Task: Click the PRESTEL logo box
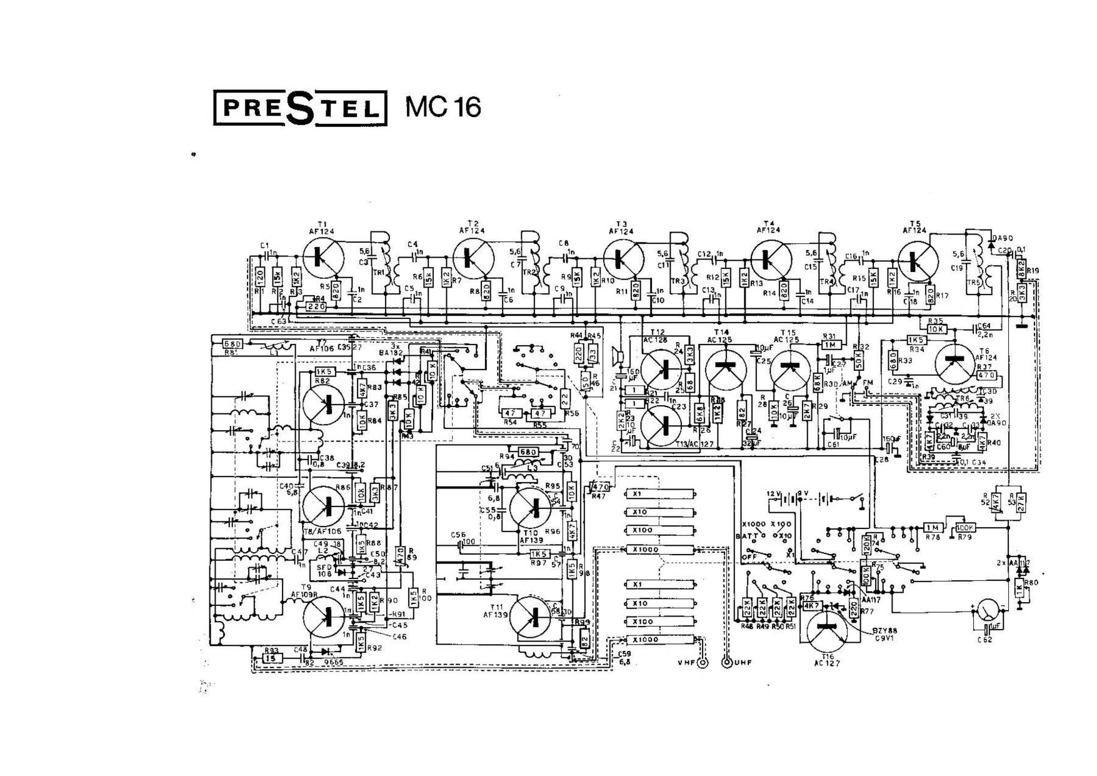[x=301, y=108]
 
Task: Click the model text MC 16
[x=443, y=107]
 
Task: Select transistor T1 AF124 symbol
[x=323, y=257]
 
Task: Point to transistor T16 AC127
[x=827, y=629]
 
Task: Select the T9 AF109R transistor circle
[x=323, y=617]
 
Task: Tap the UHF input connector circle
[x=727, y=663]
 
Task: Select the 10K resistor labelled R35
[x=936, y=329]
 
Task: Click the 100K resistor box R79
[x=964, y=528]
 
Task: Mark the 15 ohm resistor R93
[x=270, y=658]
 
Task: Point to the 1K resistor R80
[x=1018, y=588]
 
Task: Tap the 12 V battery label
[x=774, y=494]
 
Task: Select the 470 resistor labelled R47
[x=599, y=486]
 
